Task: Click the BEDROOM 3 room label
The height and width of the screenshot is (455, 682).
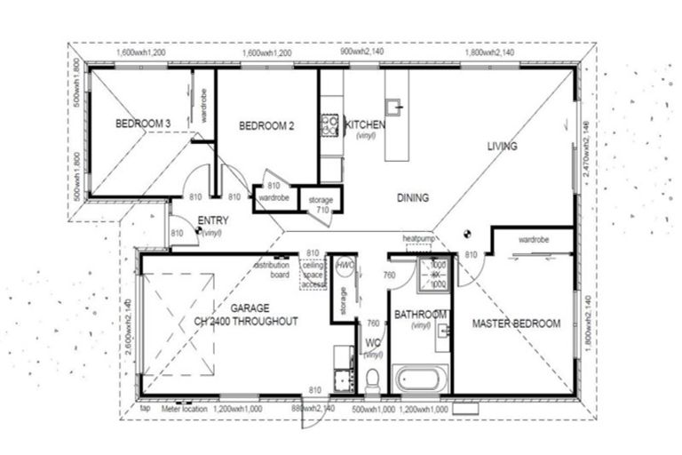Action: coord(142,123)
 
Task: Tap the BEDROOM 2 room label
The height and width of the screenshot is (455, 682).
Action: coord(266,126)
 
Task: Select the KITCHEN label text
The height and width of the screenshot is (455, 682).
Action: coord(365,125)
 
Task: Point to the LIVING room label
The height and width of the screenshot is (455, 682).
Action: coord(502,146)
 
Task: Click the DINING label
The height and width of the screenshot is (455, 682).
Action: coord(413,197)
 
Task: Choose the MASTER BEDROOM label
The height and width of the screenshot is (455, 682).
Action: coord(516,323)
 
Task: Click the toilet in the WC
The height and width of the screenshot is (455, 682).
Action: coord(372,379)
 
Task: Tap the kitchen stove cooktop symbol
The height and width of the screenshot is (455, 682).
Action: coord(329,125)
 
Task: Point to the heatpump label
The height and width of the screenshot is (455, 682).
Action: coord(417,240)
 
